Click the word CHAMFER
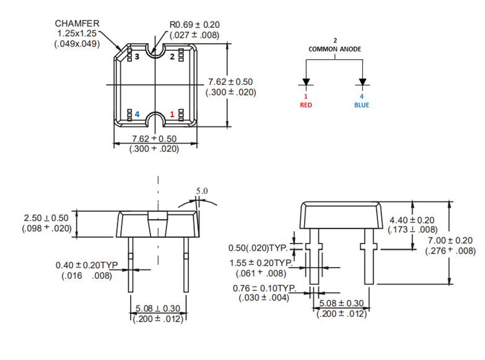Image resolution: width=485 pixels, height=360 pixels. (77, 23)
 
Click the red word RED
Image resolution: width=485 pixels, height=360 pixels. (306, 105)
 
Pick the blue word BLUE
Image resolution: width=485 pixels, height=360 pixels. (361, 105)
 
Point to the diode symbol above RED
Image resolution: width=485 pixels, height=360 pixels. (306, 82)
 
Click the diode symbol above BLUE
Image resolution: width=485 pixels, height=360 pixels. (362, 82)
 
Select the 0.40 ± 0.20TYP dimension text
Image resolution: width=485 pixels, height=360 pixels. (86, 265)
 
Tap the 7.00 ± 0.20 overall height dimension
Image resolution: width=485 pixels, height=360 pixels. (450, 240)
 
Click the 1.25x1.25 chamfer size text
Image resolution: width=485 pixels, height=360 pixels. (78, 33)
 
